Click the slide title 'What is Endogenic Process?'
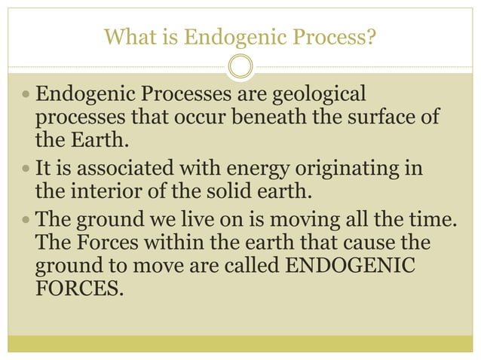240,35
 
